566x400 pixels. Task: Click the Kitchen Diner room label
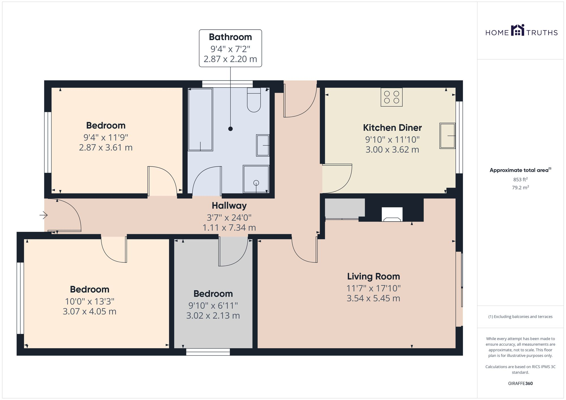392,128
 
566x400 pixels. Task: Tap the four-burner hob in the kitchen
391,97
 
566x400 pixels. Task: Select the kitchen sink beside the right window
447,136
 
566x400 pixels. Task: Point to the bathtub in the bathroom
200,119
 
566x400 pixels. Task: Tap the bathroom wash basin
263,145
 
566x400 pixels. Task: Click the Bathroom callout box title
230,37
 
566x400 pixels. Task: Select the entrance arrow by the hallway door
43,215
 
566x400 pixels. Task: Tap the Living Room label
373,276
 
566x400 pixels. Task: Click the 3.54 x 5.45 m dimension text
373,298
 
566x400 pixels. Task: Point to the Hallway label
229,206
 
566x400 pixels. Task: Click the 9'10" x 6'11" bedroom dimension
213,306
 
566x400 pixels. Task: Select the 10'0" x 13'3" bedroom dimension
89,301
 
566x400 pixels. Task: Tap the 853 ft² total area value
520,179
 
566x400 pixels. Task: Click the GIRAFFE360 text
520,383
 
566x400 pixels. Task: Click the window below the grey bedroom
208,352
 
